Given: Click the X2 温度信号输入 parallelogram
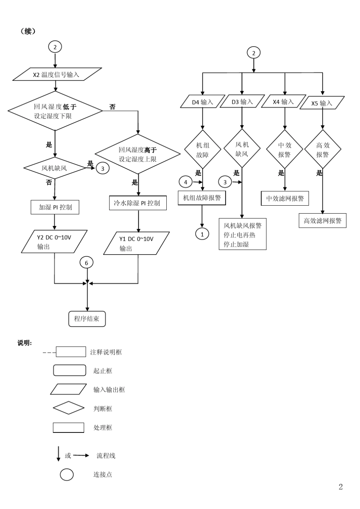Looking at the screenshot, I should (x=57, y=74).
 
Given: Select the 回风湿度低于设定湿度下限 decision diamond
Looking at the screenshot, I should (x=55, y=111).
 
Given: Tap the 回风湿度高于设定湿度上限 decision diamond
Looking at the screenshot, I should (x=138, y=154).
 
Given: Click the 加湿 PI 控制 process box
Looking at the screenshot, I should (x=55, y=207).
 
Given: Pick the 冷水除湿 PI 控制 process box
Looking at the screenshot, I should (x=137, y=203).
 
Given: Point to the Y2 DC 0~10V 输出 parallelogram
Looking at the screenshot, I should (x=54, y=242).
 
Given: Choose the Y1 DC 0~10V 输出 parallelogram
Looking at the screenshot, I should (x=136, y=243).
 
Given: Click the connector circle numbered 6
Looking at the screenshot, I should (x=86, y=263).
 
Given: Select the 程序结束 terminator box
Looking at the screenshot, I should (x=87, y=319).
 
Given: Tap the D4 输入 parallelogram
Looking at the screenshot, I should (x=202, y=102).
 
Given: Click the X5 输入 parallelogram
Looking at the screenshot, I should (x=322, y=103).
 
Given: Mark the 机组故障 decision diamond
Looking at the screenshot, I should (x=203, y=150).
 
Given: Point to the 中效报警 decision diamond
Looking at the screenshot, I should (x=285, y=150).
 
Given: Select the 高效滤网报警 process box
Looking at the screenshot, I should (x=322, y=220).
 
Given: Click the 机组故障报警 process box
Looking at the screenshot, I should (x=202, y=198).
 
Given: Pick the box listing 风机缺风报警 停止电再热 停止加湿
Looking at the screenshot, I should (x=243, y=234).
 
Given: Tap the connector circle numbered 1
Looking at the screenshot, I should (x=202, y=234).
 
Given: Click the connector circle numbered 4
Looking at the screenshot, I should (x=186, y=182).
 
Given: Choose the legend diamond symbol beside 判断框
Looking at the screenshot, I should (x=69, y=408).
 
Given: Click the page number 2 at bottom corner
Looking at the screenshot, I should (x=341, y=487).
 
